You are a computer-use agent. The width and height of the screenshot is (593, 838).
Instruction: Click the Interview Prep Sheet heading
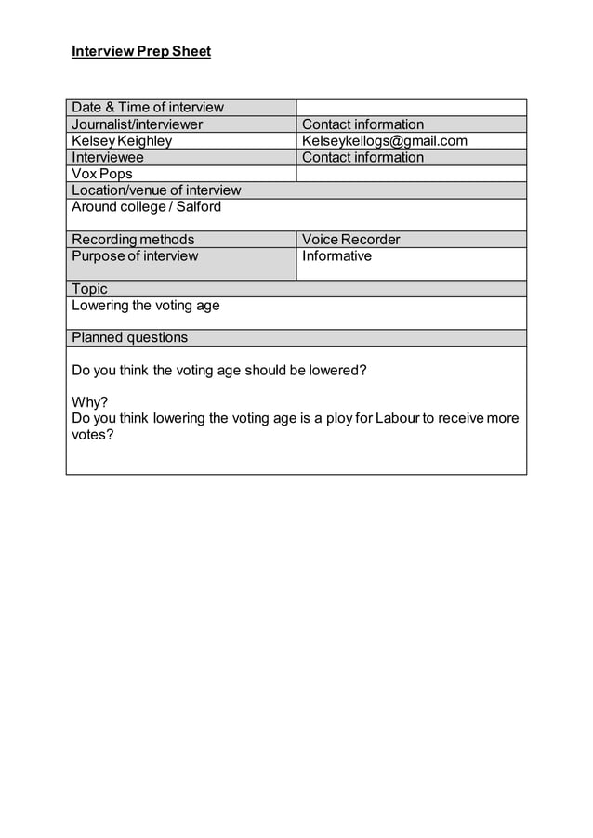click(141, 51)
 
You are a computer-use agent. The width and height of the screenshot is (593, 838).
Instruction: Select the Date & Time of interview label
click(148, 108)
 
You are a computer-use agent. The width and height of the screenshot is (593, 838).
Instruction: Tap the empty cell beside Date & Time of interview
click(411, 108)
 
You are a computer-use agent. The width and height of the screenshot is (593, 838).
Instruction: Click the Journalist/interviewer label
click(138, 124)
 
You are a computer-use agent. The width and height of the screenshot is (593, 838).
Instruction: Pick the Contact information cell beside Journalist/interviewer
click(363, 124)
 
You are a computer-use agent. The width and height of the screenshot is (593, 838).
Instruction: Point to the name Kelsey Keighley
click(122, 141)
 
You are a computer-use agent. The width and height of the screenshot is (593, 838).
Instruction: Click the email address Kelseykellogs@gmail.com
click(385, 141)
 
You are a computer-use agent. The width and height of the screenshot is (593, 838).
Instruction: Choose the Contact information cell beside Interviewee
click(363, 157)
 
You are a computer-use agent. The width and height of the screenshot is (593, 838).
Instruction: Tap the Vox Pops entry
click(102, 174)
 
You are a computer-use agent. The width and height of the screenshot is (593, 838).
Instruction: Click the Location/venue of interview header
click(156, 190)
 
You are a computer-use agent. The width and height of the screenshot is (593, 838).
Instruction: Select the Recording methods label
click(133, 240)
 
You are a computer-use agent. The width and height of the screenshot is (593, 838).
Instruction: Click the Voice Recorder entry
click(351, 240)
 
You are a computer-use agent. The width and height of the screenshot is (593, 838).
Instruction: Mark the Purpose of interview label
click(135, 256)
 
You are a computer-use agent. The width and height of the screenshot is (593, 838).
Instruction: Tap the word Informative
click(336, 256)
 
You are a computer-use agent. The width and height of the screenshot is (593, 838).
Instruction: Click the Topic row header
click(90, 289)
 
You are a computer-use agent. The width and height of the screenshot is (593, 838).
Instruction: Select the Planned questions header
click(130, 337)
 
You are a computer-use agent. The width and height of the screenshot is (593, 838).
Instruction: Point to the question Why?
click(89, 402)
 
